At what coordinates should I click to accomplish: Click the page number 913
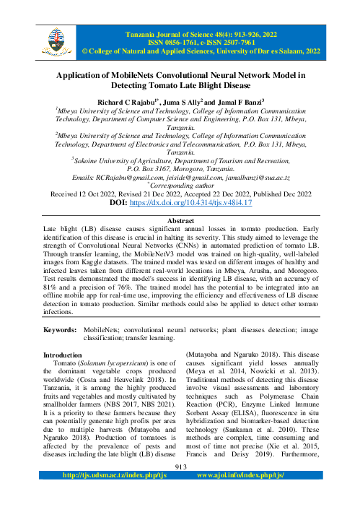coord(180,487)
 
